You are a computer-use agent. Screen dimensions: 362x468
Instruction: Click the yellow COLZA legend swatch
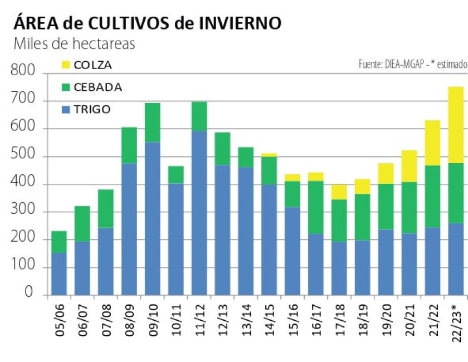[66, 65]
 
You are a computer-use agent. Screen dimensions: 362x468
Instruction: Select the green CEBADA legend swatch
[66, 87]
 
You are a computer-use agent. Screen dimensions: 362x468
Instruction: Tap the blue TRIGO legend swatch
[66, 110]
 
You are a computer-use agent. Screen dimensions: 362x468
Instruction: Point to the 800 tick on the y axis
[22, 72]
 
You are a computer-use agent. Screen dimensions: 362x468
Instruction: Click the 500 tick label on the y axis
[22, 156]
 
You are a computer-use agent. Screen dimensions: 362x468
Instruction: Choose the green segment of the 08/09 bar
[129, 145]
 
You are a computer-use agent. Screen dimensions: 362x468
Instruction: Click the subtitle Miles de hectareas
[74, 44]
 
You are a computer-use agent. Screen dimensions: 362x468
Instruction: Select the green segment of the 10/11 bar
[175, 175]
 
